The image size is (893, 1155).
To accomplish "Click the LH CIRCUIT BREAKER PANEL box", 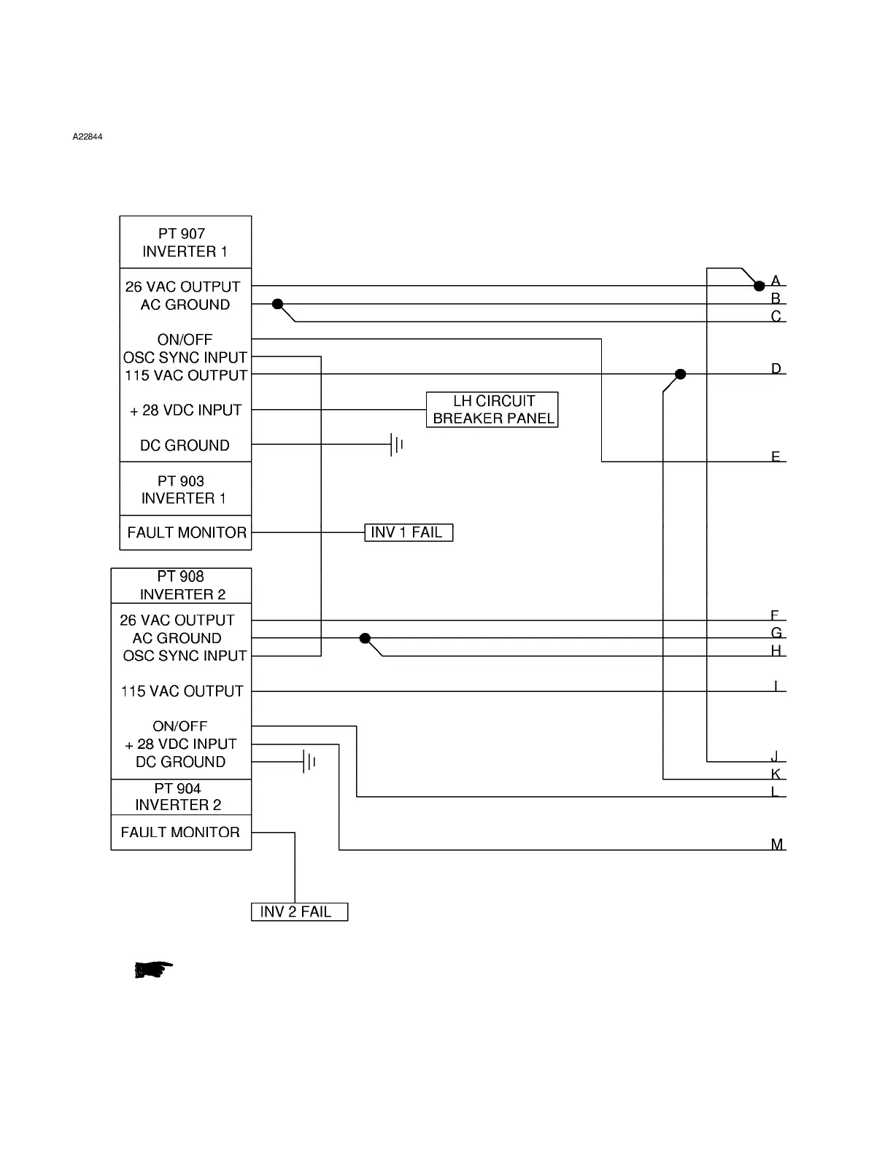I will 492,410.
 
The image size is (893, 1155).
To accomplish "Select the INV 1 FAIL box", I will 409,532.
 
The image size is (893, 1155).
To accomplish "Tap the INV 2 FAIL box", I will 299,911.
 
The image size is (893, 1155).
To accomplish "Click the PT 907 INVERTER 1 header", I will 185,242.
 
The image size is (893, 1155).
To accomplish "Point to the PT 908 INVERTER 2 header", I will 182,586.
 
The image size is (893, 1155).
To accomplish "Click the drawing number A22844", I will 87,136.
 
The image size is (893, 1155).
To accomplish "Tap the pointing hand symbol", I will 154,969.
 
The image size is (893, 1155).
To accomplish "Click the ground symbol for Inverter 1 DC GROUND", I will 397,445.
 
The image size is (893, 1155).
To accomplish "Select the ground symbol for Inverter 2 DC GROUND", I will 309,762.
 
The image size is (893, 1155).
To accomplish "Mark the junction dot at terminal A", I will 759,286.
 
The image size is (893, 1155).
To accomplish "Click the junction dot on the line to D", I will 681,374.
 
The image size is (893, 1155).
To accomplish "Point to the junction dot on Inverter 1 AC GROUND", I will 277,304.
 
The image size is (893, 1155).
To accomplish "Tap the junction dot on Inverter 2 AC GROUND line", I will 366,639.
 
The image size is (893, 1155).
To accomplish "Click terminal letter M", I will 777,844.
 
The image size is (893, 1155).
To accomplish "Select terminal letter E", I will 776,456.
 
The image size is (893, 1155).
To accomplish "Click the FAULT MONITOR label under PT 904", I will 180,832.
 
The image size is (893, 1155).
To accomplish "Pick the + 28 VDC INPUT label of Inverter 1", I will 185,411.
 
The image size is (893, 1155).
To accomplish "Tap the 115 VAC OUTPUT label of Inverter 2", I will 182,691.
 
